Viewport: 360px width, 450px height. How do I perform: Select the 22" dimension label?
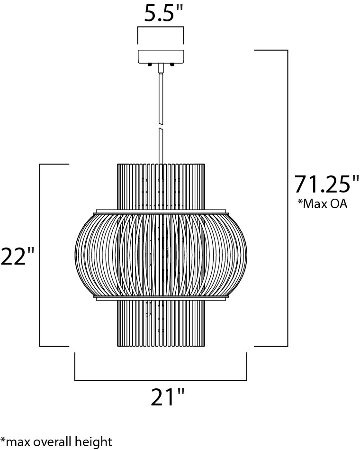pos(17,257)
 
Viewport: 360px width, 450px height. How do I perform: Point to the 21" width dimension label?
pos(167,397)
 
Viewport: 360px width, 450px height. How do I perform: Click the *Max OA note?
pos(323,203)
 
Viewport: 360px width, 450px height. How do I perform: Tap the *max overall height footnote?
pos(56,441)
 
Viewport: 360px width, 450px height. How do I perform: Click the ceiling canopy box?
pos(161,57)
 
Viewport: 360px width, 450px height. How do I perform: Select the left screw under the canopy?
pos(149,65)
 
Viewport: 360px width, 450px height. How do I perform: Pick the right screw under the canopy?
pos(172,65)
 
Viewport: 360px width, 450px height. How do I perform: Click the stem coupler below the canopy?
pos(161,68)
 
